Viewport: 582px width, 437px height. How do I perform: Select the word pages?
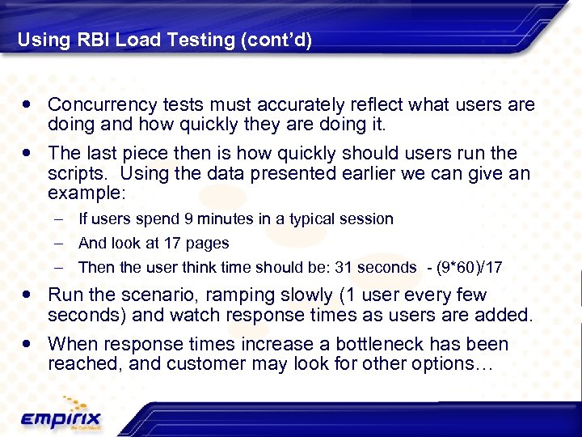208,243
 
